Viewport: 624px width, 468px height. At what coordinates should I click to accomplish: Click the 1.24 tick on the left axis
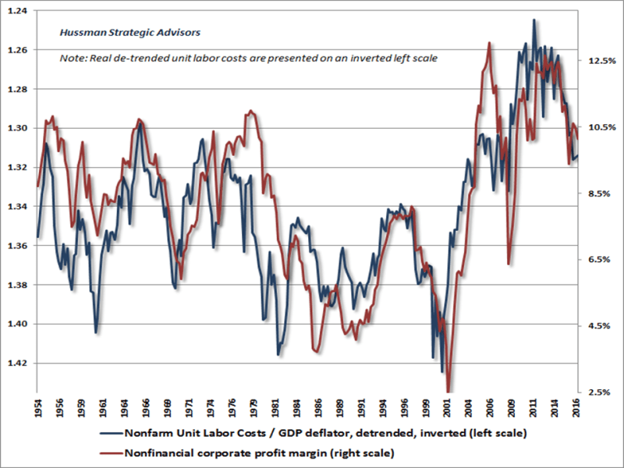pyautogui.click(x=16, y=11)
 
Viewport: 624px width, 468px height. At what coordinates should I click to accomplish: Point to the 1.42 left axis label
pyautogui.click(x=16, y=363)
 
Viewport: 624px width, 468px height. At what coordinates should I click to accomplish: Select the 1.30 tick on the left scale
pyautogui.click(x=16, y=128)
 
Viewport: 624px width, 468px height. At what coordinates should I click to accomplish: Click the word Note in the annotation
pyautogui.click(x=73, y=58)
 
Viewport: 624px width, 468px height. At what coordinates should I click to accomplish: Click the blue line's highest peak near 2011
pyautogui.click(x=534, y=19)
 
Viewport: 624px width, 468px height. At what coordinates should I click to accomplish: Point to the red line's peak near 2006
pyautogui.click(x=489, y=42)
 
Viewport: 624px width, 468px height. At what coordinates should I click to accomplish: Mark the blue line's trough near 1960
pyautogui.click(x=96, y=333)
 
